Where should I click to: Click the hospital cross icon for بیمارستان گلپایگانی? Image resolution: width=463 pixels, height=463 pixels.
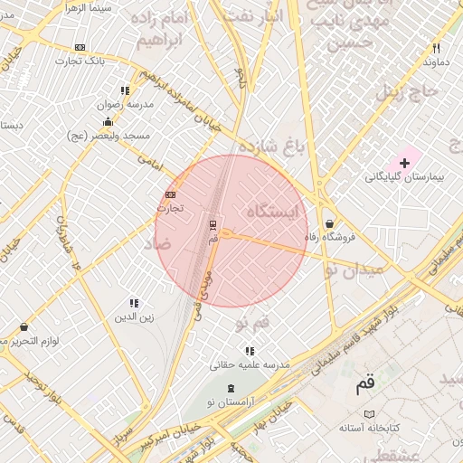[404, 163]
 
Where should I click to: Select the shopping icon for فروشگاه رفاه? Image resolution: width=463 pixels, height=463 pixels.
[329, 223]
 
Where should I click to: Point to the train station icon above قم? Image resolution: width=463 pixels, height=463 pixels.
[213, 223]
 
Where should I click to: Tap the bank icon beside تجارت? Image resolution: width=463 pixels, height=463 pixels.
[171, 194]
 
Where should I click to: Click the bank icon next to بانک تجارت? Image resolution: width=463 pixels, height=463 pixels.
[80, 47]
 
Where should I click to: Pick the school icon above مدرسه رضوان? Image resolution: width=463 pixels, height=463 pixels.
[124, 90]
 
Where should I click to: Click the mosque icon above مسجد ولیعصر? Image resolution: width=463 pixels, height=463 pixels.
[109, 122]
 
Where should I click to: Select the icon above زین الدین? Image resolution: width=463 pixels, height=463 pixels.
[134, 303]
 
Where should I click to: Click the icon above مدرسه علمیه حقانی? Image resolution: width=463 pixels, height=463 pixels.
[250, 350]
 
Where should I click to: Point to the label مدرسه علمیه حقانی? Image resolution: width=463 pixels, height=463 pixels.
[249, 364]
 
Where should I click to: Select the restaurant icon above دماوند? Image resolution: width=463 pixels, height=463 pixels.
[436, 48]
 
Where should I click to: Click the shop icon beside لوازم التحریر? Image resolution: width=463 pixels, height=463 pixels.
[24, 326]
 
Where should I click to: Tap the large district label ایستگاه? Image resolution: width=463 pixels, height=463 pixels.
[272, 212]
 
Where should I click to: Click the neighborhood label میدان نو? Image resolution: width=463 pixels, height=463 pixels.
[355, 268]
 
